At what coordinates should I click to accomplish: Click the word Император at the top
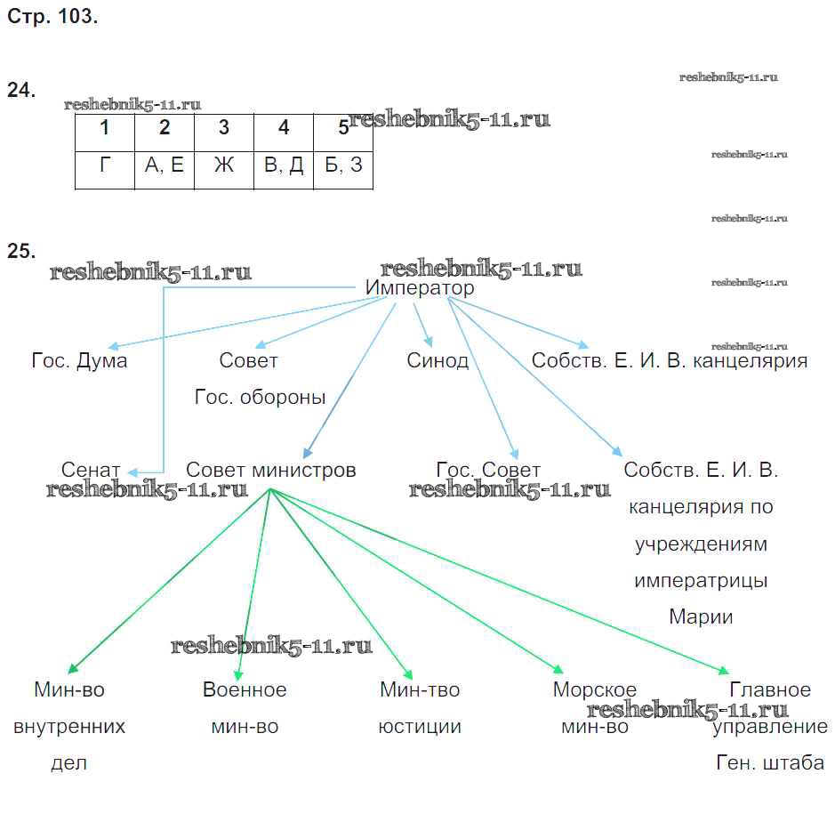click(420, 288)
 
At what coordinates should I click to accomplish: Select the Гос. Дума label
click(79, 360)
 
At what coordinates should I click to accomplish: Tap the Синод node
click(438, 360)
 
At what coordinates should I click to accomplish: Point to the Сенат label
click(91, 470)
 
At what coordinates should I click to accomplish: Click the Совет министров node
click(271, 470)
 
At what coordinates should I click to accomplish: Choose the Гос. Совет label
click(488, 470)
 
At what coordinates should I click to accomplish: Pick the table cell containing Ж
click(224, 165)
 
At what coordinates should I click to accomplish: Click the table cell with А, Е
click(165, 165)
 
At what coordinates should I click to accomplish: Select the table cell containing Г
click(105, 165)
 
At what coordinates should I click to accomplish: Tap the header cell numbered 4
click(284, 128)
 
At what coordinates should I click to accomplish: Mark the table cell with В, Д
click(284, 165)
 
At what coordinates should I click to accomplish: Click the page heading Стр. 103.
click(52, 17)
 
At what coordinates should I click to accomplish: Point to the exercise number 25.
click(21, 251)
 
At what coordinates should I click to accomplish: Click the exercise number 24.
click(21, 90)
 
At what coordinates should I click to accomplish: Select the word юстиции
click(420, 726)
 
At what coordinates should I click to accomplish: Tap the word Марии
click(701, 617)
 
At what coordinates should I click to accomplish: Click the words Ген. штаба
click(770, 762)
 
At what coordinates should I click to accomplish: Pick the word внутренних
click(69, 726)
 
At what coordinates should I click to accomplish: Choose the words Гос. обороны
click(261, 397)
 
